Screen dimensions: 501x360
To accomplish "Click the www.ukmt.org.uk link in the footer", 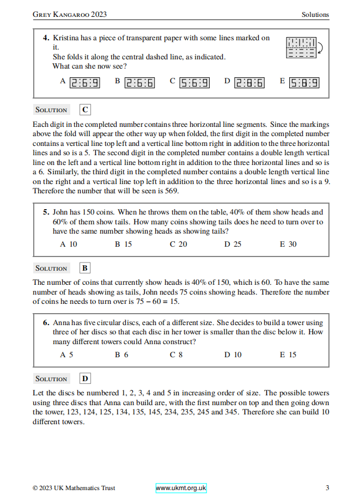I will coord(181,488).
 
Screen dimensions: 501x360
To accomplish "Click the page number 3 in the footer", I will coord(327,488).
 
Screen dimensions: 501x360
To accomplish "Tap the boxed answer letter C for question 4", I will coord(86,109).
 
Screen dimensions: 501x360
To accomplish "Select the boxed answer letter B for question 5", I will coord(86,268).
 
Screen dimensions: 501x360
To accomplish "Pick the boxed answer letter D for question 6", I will coord(86,378).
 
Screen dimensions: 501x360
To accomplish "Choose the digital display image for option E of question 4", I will coord(304,83).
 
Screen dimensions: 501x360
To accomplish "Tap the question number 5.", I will coord(46,212).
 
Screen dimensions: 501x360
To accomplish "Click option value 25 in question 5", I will coord(237,244).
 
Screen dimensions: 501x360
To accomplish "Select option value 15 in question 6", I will coord(292,355).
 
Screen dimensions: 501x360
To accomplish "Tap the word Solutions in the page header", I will coord(315,15).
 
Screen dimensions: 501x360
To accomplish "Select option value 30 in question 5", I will coord(292,244).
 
